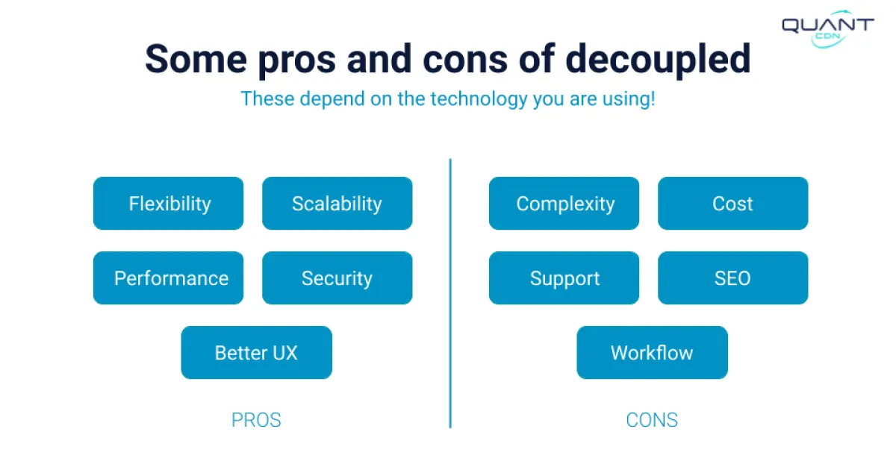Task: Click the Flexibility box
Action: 169,204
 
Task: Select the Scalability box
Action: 337,204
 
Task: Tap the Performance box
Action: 169,278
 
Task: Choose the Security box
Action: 337,278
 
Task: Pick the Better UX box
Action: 256,353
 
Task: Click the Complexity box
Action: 564,204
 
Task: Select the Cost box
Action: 732,204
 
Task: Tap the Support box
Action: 564,278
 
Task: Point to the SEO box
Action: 732,278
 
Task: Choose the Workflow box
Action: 652,353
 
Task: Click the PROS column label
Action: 256,420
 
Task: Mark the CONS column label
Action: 652,420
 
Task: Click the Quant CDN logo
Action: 827,29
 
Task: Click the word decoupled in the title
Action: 657,60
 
